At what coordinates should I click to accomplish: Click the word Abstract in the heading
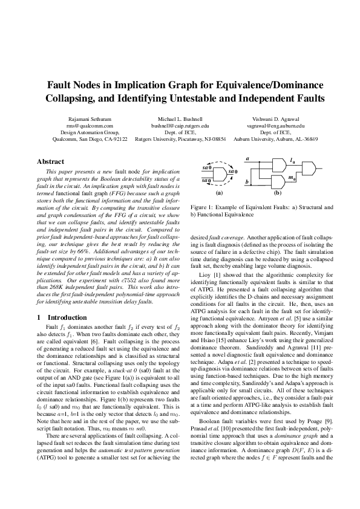click(x=51, y=162)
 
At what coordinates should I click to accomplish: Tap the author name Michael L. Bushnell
click(x=180, y=119)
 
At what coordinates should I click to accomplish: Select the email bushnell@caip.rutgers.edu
click(x=180, y=126)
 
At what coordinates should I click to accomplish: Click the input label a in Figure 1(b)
click(x=248, y=158)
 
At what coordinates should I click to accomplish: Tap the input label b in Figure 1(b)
click(x=247, y=181)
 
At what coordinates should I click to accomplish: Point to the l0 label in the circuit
click(x=293, y=161)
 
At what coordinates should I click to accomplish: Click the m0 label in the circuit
click(x=293, y=178)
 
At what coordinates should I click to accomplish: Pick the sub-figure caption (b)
click(x=278, y=193)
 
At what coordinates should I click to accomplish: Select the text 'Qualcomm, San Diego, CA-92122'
click(x=90, y=138)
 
